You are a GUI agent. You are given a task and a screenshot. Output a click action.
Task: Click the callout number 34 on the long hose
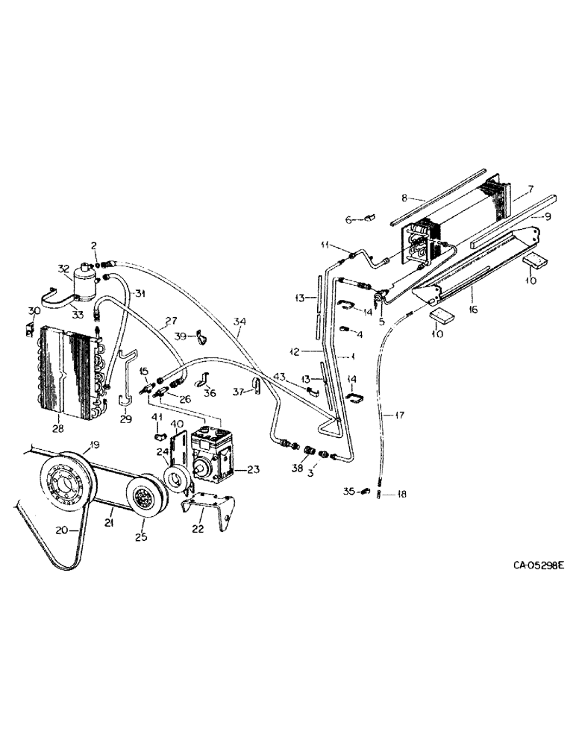[239, 322]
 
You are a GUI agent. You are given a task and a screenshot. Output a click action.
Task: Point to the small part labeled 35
[363, 491]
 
